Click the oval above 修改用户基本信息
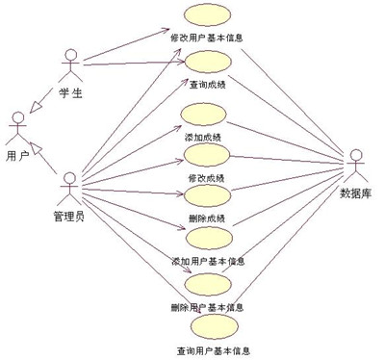[206, 16]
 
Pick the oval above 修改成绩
[205, 157]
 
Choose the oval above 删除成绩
[205, 196]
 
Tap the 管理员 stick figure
[68, 184]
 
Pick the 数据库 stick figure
[357, 165]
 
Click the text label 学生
[70, 92]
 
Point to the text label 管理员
[68, 214]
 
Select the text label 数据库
[358, 192]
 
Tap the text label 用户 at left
[16, 155]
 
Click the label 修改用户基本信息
[206, 39]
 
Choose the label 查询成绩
[206, 85]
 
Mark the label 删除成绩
[205, 219]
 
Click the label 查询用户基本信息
[214, 349]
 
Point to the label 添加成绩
[205, 138]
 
